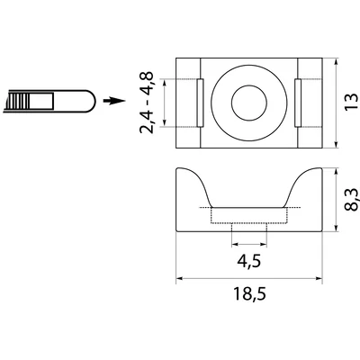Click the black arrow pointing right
111,101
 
